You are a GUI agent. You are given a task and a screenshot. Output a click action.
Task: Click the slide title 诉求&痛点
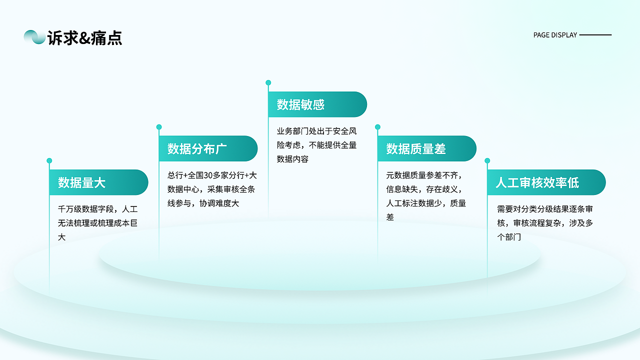click(x=84, y=37)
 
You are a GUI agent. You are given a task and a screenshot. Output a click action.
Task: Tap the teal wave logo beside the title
click(x=34, y=37)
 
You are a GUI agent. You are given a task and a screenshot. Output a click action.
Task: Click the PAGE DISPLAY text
click(x=555, y=35)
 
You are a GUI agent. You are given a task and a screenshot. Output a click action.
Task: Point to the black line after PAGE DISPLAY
click(x=595, y=35)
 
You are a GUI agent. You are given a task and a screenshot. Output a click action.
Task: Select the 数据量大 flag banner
click(x=98, y=182)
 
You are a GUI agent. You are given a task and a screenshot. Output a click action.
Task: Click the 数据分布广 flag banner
click(x=208, y=148)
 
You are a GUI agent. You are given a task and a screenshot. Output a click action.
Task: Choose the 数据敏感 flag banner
click(x=317, y=104)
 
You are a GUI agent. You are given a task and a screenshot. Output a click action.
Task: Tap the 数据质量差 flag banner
click(x=426, y=148)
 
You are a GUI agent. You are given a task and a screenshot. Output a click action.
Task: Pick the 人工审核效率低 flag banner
click(x=546, y=182)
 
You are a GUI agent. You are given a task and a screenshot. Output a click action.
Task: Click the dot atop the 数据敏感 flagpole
click(x=268, y=82)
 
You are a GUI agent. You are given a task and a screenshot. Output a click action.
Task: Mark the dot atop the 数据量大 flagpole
click(x=49, y=160)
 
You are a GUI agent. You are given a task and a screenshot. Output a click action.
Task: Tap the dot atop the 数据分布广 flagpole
click(x=159, y=127)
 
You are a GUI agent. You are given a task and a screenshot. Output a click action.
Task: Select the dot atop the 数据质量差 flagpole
click(x=377, y=127)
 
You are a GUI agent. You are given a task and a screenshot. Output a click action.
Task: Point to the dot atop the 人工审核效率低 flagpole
click(x=487, y=160)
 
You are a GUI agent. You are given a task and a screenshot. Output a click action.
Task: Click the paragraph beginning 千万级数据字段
click(x=97, y=223)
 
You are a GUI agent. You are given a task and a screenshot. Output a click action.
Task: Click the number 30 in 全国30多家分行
click(x=208, y=175)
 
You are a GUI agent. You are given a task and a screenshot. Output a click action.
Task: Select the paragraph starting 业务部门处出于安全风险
click(x=317, y=145)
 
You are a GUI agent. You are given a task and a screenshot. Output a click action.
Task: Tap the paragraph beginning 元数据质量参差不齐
click(x=426, y=196)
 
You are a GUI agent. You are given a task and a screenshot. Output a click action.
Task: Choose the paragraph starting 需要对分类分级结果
click(x=545, y=223)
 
